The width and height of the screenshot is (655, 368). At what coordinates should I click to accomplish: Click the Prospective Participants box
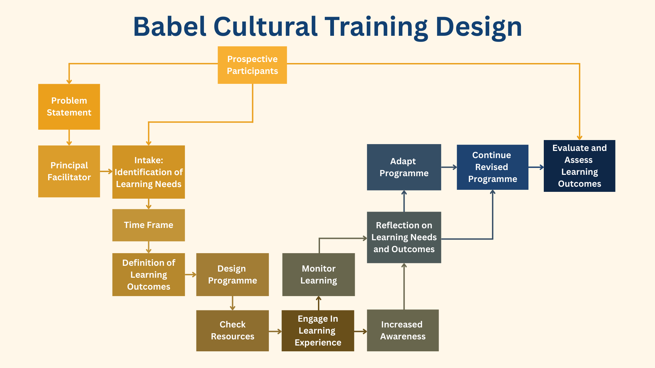tap(252, 65)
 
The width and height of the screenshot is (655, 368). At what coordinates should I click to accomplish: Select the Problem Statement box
tap(69, 107)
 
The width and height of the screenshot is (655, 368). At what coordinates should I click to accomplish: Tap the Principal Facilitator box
tap(69, 171)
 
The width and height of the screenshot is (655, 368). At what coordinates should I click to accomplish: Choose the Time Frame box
tap(148, 225)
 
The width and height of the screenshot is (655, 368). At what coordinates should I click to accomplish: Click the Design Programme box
tap(232, 275)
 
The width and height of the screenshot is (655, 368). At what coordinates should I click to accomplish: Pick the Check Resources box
tap(232, 331)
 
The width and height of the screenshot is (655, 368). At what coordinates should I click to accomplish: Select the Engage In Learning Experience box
tap(318, 331)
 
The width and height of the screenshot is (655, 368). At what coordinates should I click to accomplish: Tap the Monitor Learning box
tap(319, 275)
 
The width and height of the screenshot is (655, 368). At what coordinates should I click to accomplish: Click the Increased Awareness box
tap(403, 331)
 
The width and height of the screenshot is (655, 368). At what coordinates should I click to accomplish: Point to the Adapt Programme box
tap(404, 167)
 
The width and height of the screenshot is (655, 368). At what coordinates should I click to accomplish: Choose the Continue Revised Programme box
tap(493, 167)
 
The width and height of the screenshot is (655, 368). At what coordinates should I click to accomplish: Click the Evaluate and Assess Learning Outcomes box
tap(579, 166)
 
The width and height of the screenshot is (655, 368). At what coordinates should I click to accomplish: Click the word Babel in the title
tap(170, 27)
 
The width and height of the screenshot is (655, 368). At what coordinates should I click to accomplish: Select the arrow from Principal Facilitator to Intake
tap(106, 171)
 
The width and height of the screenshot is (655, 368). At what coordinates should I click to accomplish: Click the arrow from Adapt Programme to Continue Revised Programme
tap(449, 167)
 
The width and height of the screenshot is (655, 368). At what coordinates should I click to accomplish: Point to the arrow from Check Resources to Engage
tap(275, 331)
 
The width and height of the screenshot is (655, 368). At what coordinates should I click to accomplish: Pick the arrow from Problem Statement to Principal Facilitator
tap(69, 138)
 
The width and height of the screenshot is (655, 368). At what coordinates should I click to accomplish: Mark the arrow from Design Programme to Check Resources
tap(232, 303)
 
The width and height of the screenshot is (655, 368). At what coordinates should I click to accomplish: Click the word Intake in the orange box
tap(148, 160)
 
